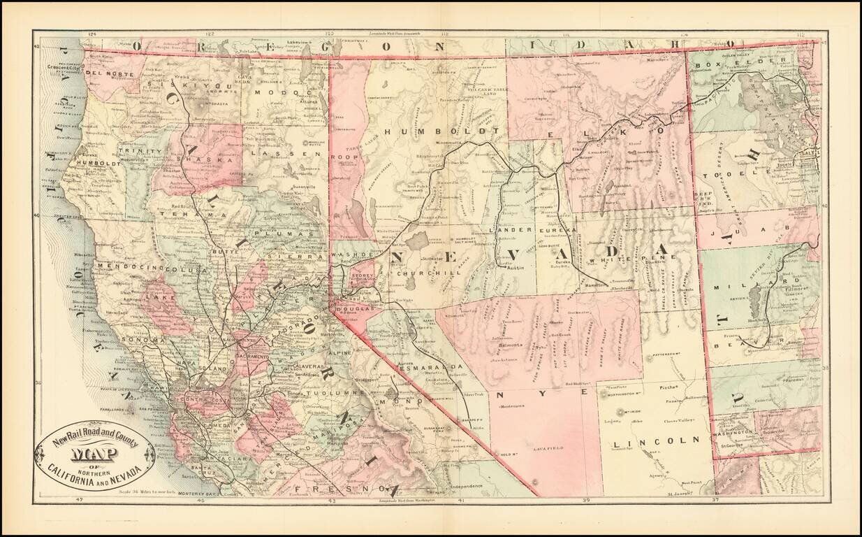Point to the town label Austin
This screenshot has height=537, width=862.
(x=514, y=267)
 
